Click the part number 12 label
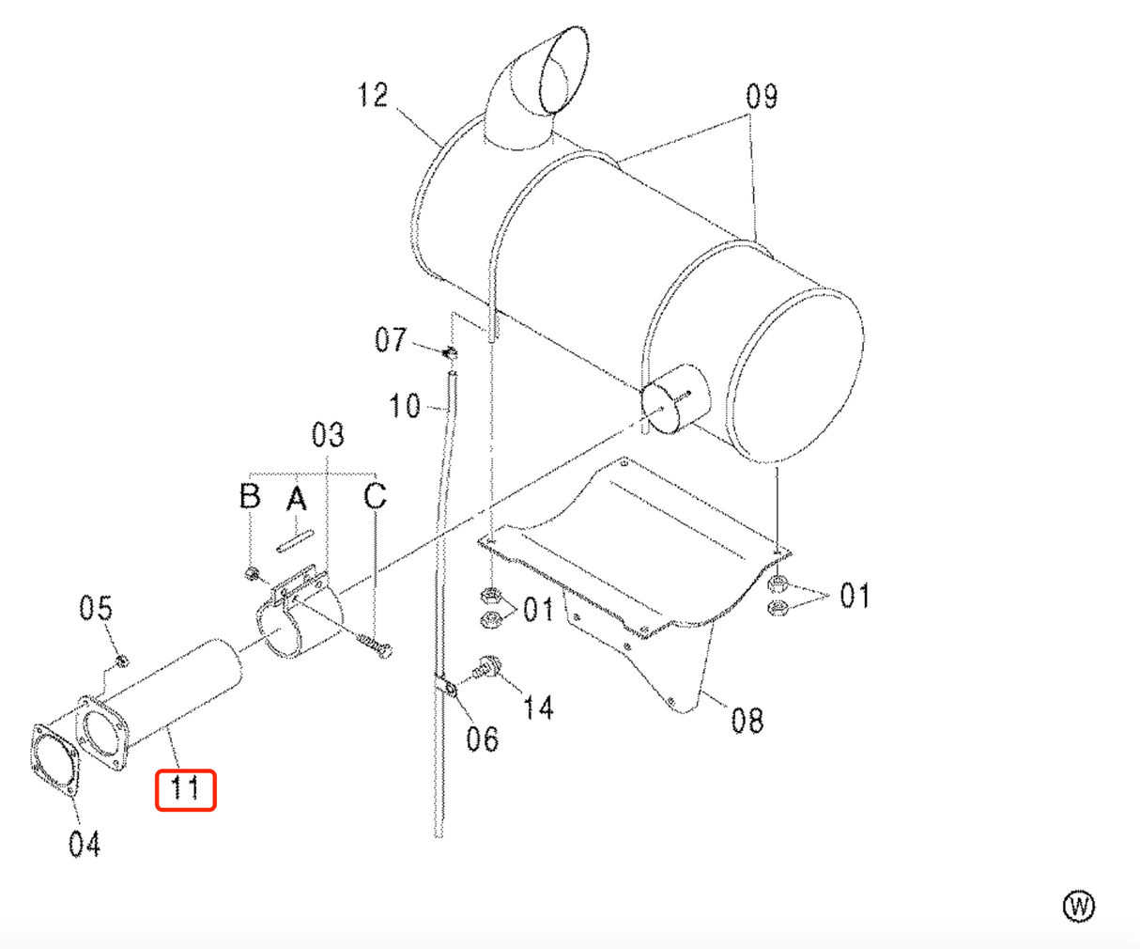374,95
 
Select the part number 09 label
762,96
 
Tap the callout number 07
391,339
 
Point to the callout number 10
405,406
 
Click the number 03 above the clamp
328,435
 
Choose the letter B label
250,495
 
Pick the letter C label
375,495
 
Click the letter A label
297,498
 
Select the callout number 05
96,609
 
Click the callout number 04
85,844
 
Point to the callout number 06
482,739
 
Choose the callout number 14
539,707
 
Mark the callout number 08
747,721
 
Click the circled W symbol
1079,907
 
